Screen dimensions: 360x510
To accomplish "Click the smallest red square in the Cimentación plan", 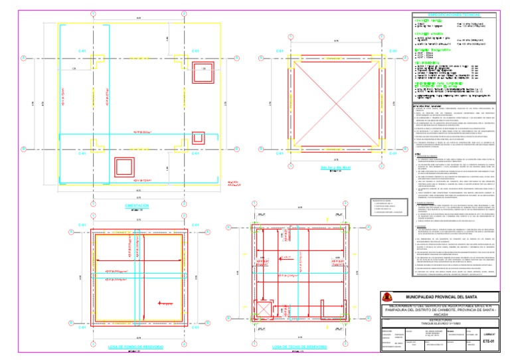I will (x=197, y=139).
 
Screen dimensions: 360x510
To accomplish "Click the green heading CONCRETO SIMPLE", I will (x=426, y=21).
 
